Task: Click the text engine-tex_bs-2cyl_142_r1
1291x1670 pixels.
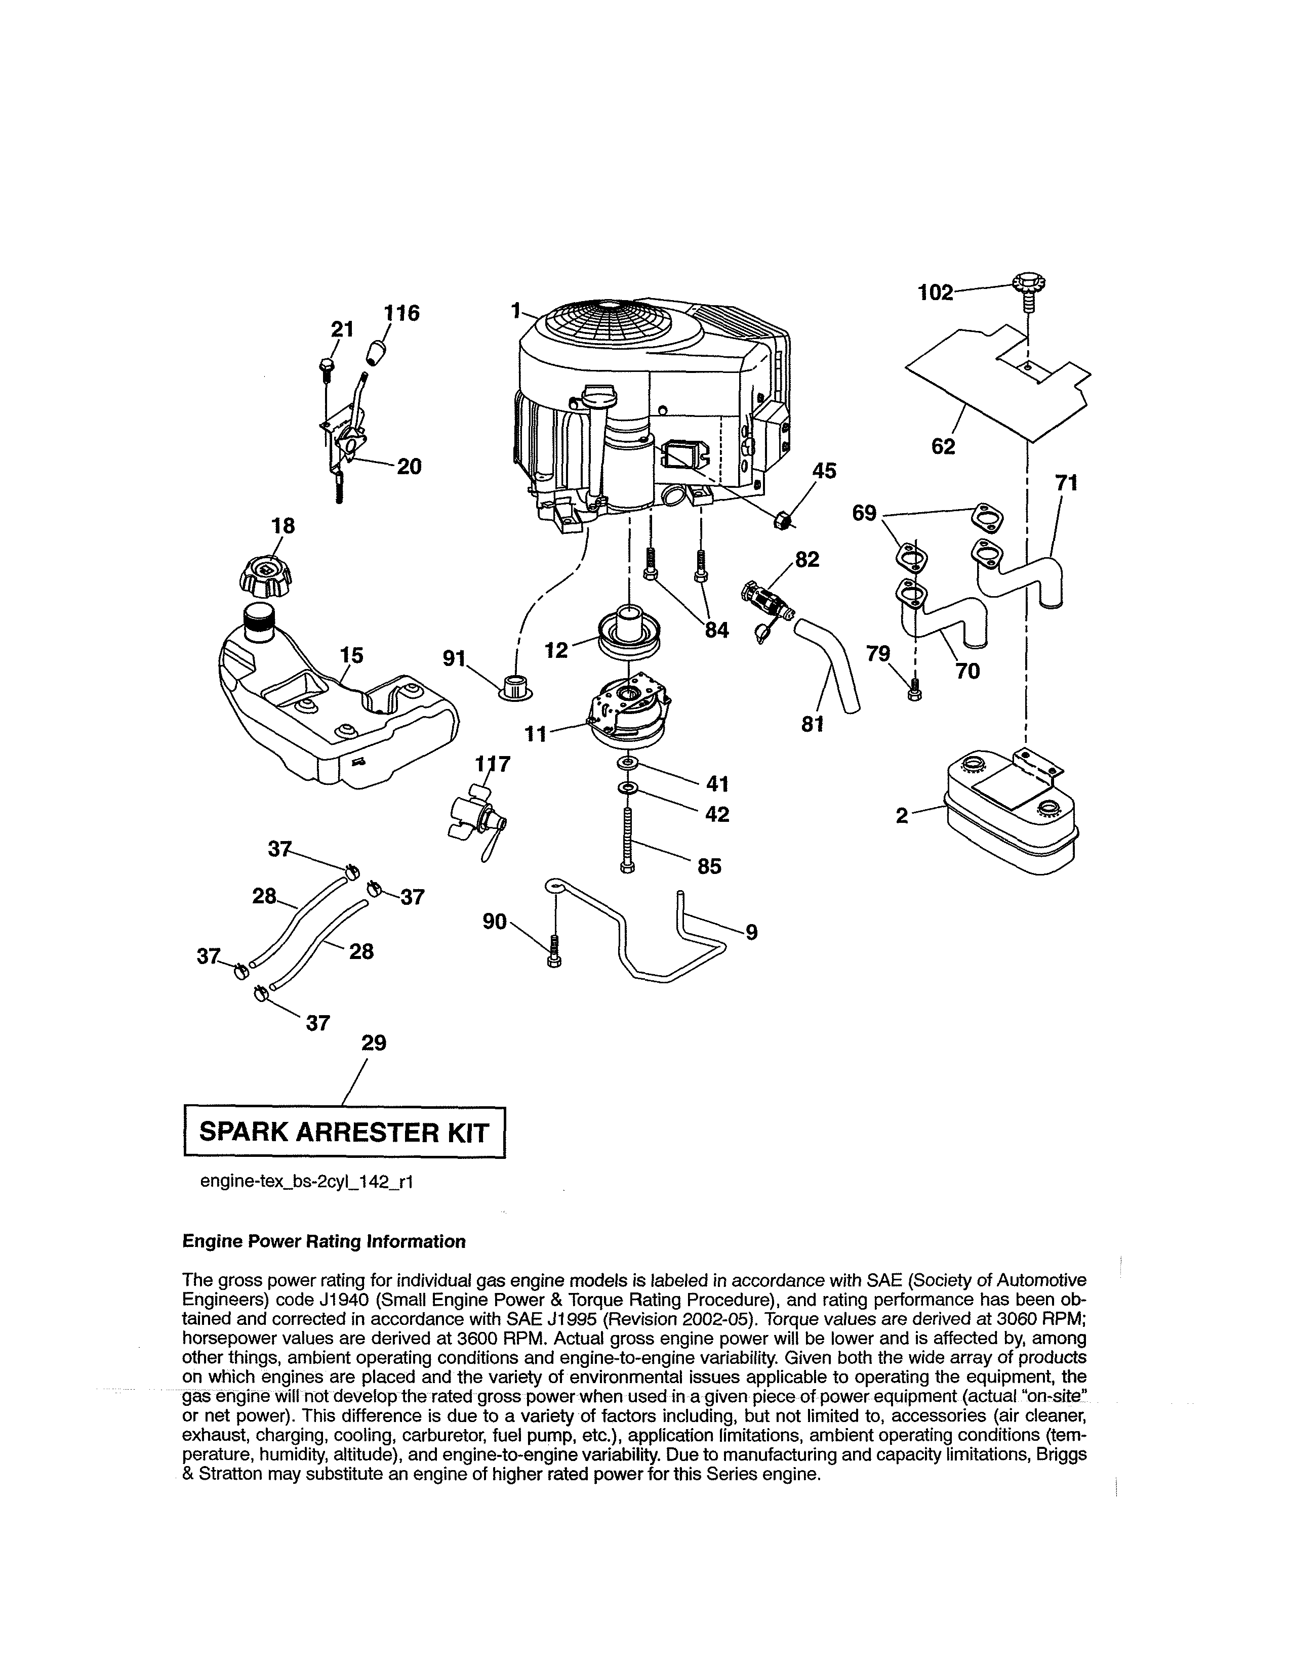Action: (306, 1182)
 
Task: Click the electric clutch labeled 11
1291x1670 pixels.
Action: (629, 708)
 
